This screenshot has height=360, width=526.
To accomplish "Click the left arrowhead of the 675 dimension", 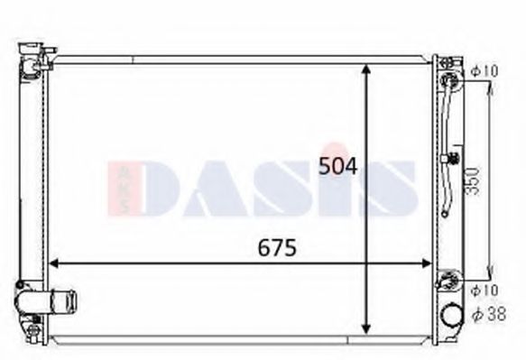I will (52, 264).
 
